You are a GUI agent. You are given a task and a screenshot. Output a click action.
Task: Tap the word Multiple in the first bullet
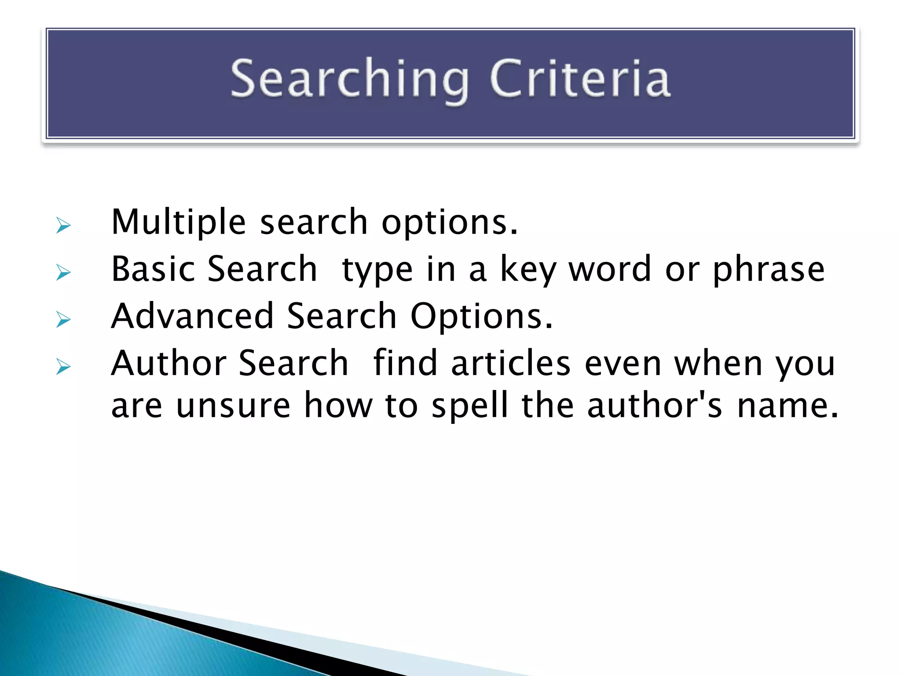pos(178,222)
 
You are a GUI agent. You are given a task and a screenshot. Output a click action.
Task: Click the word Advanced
pos(193,316)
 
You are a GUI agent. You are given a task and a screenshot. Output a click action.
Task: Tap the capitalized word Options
pos(481,317)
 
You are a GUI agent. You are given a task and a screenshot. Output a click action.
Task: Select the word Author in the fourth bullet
pos(169,363)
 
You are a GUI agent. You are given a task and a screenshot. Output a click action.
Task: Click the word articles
pos(511,363)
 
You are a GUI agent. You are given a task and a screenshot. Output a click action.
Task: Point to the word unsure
pos(233,405)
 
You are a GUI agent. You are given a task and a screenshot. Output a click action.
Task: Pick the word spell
pos(469,405)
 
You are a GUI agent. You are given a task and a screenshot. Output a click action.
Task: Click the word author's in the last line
pos(655,405)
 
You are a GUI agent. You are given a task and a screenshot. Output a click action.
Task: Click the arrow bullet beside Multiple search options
pos(63,226)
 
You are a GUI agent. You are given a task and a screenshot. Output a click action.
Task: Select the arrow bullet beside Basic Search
pos(63,273)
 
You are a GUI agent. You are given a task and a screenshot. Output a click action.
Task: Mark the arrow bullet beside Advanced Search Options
pos(63,320)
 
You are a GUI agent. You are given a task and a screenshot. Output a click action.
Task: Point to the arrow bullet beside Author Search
pos(63,367)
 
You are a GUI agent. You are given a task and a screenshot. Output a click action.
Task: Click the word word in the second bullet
pos(610,269)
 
